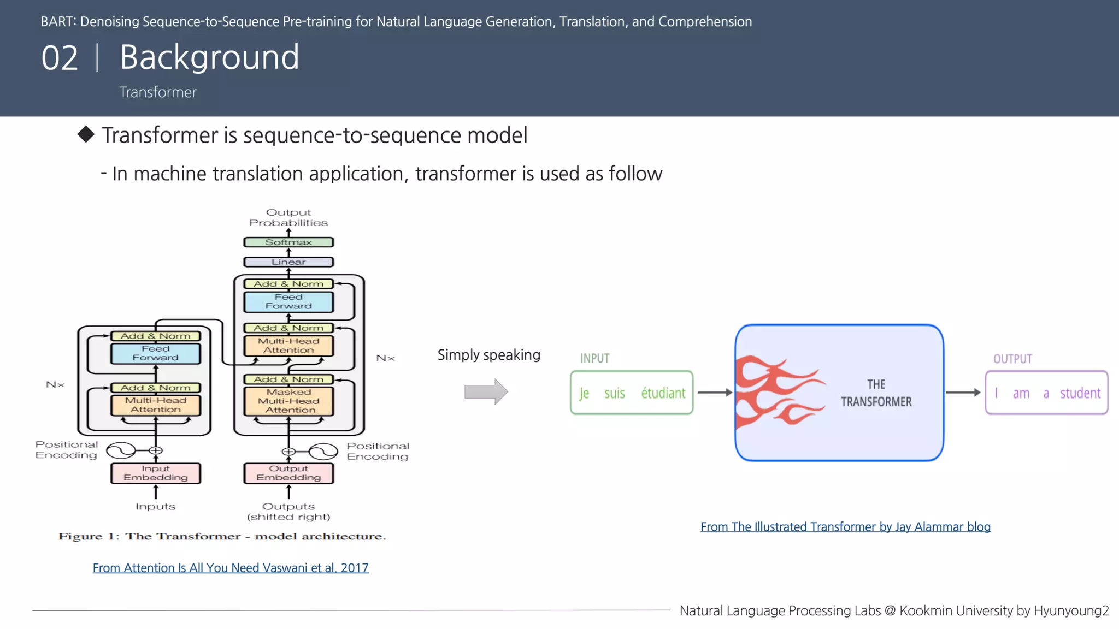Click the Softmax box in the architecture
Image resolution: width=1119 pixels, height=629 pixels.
[x=288, y=242]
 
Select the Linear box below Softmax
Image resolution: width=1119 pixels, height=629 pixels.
[x=288, y=262]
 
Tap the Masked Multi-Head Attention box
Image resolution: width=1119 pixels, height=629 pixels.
[x=288, y=401]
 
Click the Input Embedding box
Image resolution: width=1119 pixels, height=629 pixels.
[x=156, y=473]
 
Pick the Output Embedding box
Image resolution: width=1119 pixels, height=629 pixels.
[x=288, y=473]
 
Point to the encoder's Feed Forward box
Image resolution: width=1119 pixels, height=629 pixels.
[x=156, y=353]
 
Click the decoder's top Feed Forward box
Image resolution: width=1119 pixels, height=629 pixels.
[x=288, y=301]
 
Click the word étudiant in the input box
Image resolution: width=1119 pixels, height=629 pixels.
[x=663, y=393]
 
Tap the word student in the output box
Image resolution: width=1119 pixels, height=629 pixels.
[x=1080, y=393]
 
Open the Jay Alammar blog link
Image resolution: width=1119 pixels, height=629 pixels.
[x=845, y=527]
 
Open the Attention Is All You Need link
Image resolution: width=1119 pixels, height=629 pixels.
[x=231, y=568]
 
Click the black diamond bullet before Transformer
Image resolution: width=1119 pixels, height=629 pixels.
[x=86, y=134]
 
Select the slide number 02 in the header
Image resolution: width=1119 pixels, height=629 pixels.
[x=60, y=58]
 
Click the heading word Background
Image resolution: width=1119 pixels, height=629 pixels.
[x=209, y=57]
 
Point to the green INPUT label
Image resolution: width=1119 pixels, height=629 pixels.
[x=594, y=358]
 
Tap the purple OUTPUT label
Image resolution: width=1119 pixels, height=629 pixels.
[x=1012, y=359]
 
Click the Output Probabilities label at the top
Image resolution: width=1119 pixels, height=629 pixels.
[x=288, y=217]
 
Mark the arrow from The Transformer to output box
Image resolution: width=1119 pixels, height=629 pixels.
[x=963, y=393]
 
